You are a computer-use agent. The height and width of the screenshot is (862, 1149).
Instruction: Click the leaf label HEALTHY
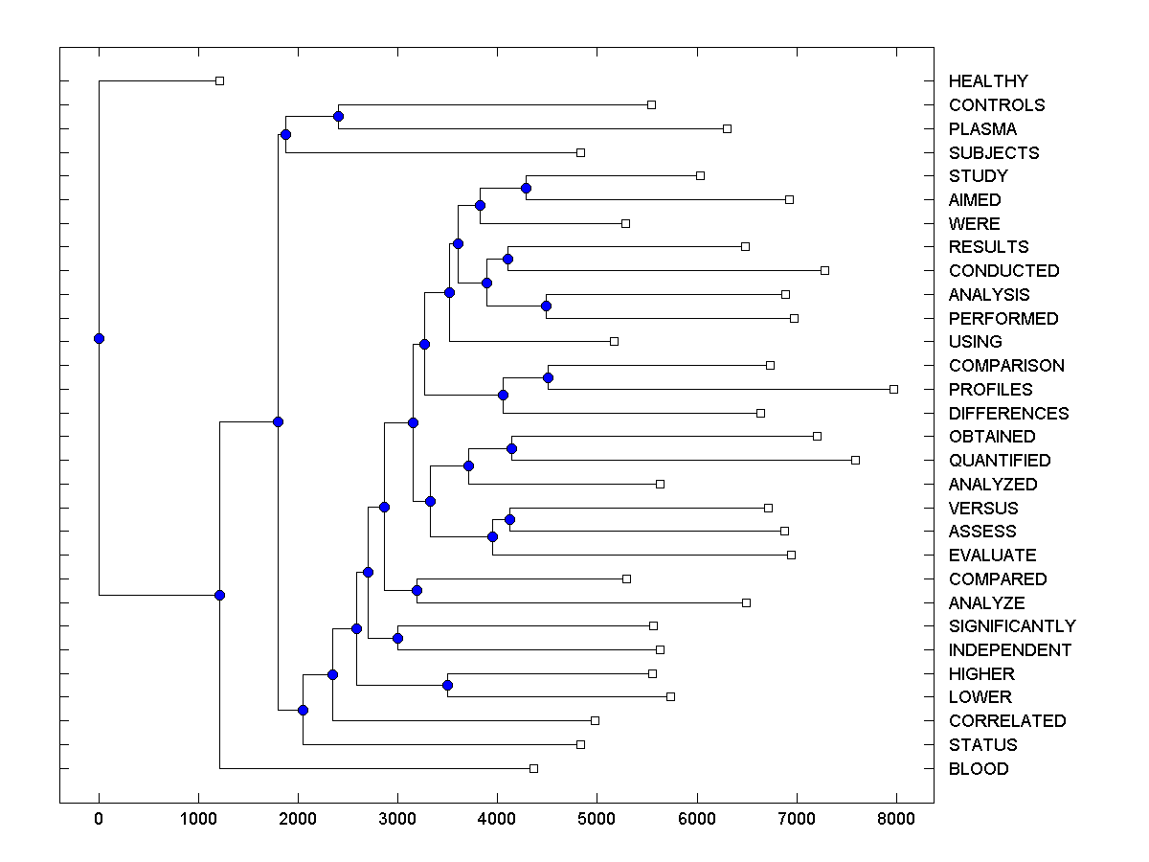[988, 81]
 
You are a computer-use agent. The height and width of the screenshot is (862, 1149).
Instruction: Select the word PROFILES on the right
[991, 390]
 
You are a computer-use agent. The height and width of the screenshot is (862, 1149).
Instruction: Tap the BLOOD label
[979, 769]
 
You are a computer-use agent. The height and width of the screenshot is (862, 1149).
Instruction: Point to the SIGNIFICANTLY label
[1012, 626]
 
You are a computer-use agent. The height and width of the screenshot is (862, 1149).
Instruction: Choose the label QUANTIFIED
[1000, 461]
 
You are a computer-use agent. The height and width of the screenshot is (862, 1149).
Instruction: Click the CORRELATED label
[1007, 721]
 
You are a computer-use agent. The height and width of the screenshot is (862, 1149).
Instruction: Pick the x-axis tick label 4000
[498, 817]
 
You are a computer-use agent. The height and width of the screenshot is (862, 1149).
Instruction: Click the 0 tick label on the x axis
[99, 817]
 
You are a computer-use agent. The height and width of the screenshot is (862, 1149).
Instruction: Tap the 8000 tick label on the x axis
[896, 817]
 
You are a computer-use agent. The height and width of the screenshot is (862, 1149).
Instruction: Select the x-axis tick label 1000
[198, 817]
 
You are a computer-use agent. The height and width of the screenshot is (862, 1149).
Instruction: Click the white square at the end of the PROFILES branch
[893, 389]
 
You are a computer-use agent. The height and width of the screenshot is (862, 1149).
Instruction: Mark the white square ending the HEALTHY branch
[219, 80]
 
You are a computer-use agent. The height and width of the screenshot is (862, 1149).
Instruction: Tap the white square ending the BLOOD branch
[533, 768]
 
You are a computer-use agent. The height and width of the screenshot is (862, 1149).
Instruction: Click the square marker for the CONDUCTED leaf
[824, 270]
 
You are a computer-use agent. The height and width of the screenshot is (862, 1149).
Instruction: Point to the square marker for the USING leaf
[614, 341]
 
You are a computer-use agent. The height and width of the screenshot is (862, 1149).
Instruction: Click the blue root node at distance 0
[99, 338]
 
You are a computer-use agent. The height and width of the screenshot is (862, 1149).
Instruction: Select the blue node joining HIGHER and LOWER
[447, 685]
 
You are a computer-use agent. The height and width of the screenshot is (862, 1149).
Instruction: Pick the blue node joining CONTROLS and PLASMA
[338, 116]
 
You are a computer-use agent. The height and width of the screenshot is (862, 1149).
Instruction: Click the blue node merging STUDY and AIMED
[526, 188]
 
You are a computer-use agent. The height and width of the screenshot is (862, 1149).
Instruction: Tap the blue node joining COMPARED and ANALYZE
[417, 590]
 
